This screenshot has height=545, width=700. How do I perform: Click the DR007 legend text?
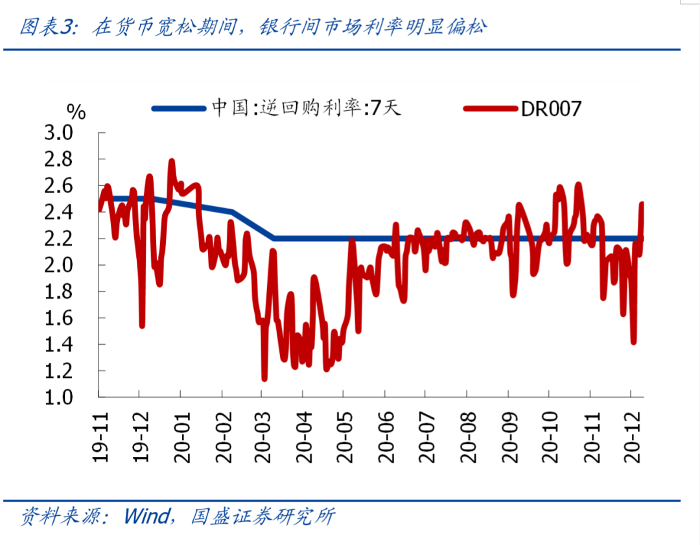(x=551, y=108)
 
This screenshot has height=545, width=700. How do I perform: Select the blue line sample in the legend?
(x=179, y=108)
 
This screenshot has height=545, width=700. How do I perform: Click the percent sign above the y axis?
(x=76, y=112)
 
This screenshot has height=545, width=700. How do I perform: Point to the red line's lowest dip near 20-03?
(x=264, y=378)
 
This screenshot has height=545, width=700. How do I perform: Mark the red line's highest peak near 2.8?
(x=172, y=161)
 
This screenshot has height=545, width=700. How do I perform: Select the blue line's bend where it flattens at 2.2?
(x=274, y=238)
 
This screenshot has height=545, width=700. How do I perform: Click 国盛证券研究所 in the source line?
(x=263, y=516)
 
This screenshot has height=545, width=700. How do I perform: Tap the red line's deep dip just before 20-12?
(x=633, y=342)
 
